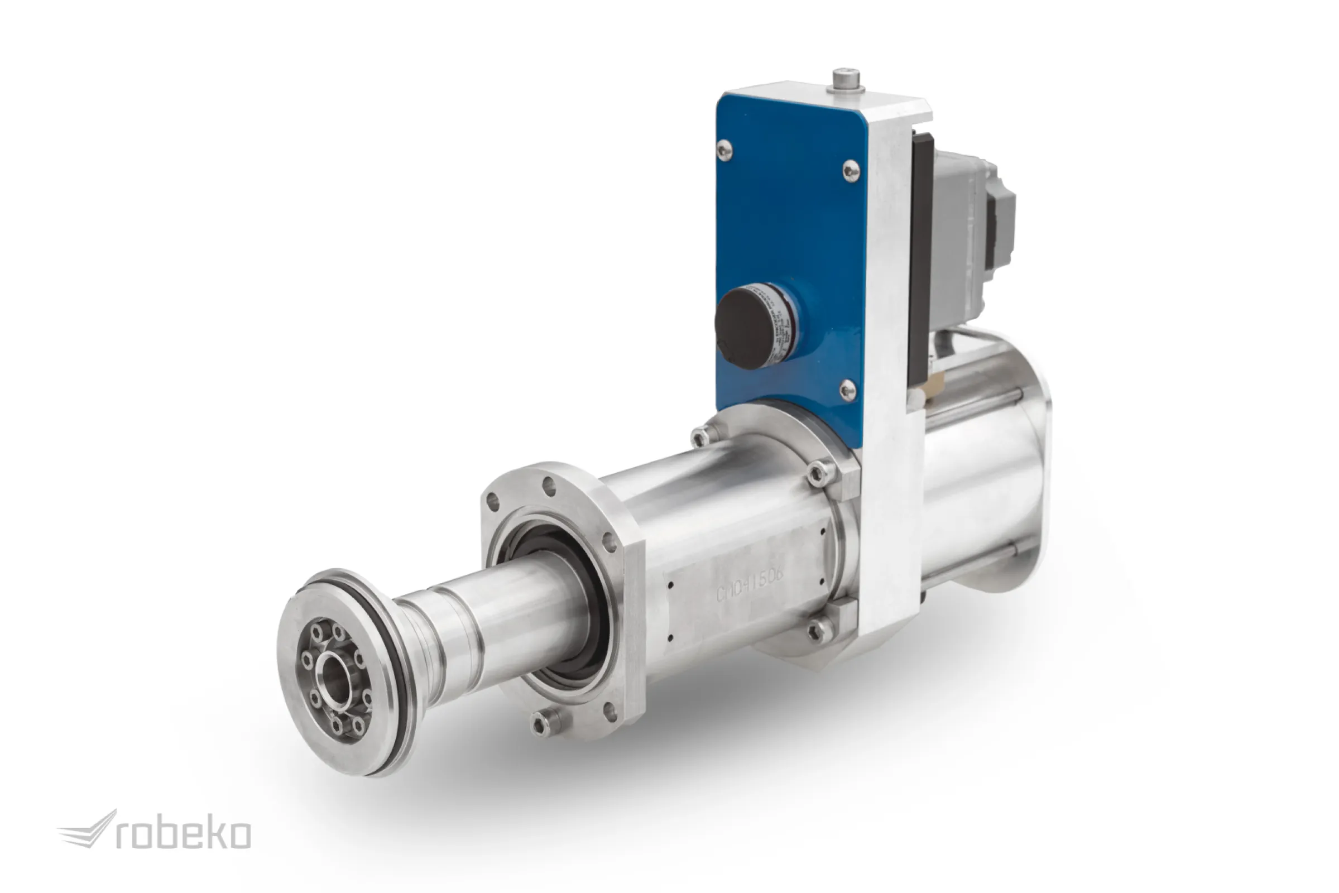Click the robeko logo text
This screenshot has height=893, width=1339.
[184, 835]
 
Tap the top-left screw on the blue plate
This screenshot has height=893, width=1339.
[724, 150]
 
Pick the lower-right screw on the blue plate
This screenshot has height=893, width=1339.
[847, 390]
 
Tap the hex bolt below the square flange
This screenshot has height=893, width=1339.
[542, 723]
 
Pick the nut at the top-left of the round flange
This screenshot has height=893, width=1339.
[701, 438]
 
